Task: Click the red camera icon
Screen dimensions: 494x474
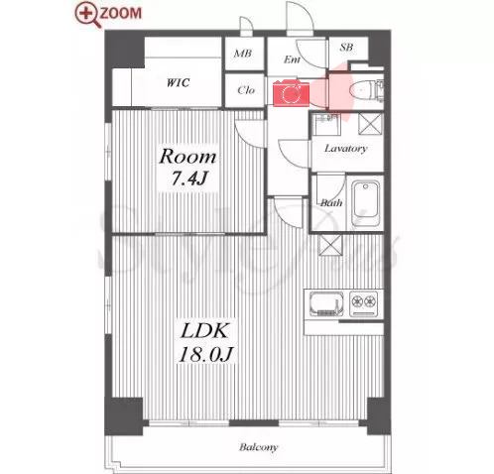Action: [x=291, y=93]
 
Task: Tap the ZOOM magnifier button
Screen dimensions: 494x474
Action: [x=108, y=14]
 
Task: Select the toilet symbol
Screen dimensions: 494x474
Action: [x=366, y=90]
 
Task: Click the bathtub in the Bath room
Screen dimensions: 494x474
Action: [x=365, y=203]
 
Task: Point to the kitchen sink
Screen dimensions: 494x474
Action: [x=326, y=304]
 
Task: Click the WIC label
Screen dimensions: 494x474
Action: [x=178, y=82]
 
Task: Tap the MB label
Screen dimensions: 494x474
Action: [x=243, y=53]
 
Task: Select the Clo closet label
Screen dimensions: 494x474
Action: [x=246, y=90]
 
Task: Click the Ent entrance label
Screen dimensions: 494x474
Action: [x=293, y=59]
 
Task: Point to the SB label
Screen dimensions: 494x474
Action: [x=346, y=48]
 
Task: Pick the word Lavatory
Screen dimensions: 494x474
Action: [x=345, y=149]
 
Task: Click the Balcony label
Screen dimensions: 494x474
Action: [x=258, y=447]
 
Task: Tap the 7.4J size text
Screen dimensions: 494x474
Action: [x=189, y=178]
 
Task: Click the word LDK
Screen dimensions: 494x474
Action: [x=204, y=331]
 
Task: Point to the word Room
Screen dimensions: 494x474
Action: [x=187, y=157]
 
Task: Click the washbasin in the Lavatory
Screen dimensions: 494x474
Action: [x=326, y=124]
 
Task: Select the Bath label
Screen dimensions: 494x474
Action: [x=331, y=202]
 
